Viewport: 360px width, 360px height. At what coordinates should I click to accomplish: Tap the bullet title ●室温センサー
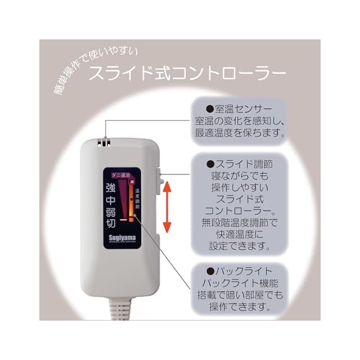(x=238, y=108)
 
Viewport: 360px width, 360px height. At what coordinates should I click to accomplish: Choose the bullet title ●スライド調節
(x=238, y=165)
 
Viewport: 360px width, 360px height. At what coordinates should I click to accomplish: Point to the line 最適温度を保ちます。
(x=238, y=134)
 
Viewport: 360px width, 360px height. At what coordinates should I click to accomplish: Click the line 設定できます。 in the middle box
(x=238, y=246)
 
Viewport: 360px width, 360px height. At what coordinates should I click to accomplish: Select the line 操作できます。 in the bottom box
(x=238, y=308)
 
